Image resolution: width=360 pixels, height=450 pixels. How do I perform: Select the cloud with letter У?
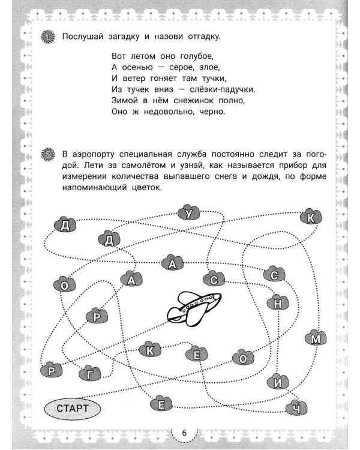pos(190,213)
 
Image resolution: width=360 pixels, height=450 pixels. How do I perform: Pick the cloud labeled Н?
pos(277,304)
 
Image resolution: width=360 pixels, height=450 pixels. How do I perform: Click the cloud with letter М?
pos(315,339)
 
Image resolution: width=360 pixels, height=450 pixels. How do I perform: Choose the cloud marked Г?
pos(90,373)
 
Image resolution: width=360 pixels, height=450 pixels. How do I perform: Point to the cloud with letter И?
pos(277,380)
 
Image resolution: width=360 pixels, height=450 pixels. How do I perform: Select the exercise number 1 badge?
pos(49,37)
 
